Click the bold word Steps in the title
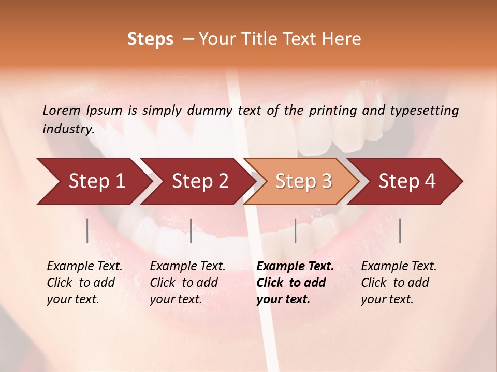click(x=150, y=39)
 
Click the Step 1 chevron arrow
click(x=93, y=181)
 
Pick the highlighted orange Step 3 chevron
click(x=303, y=181)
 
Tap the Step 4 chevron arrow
click(x=406, y=181)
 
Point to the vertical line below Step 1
click(x=87, y=230)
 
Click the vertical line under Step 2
click(x=191, y=230)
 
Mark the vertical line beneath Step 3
click(x=296, y=230)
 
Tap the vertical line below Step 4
click(x=400, y=230)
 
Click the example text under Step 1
click(x=84, y=283)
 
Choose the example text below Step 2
click(x=187, y=283)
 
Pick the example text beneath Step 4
click(x=399, y=283)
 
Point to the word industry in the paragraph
click(x=68, y=129)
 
